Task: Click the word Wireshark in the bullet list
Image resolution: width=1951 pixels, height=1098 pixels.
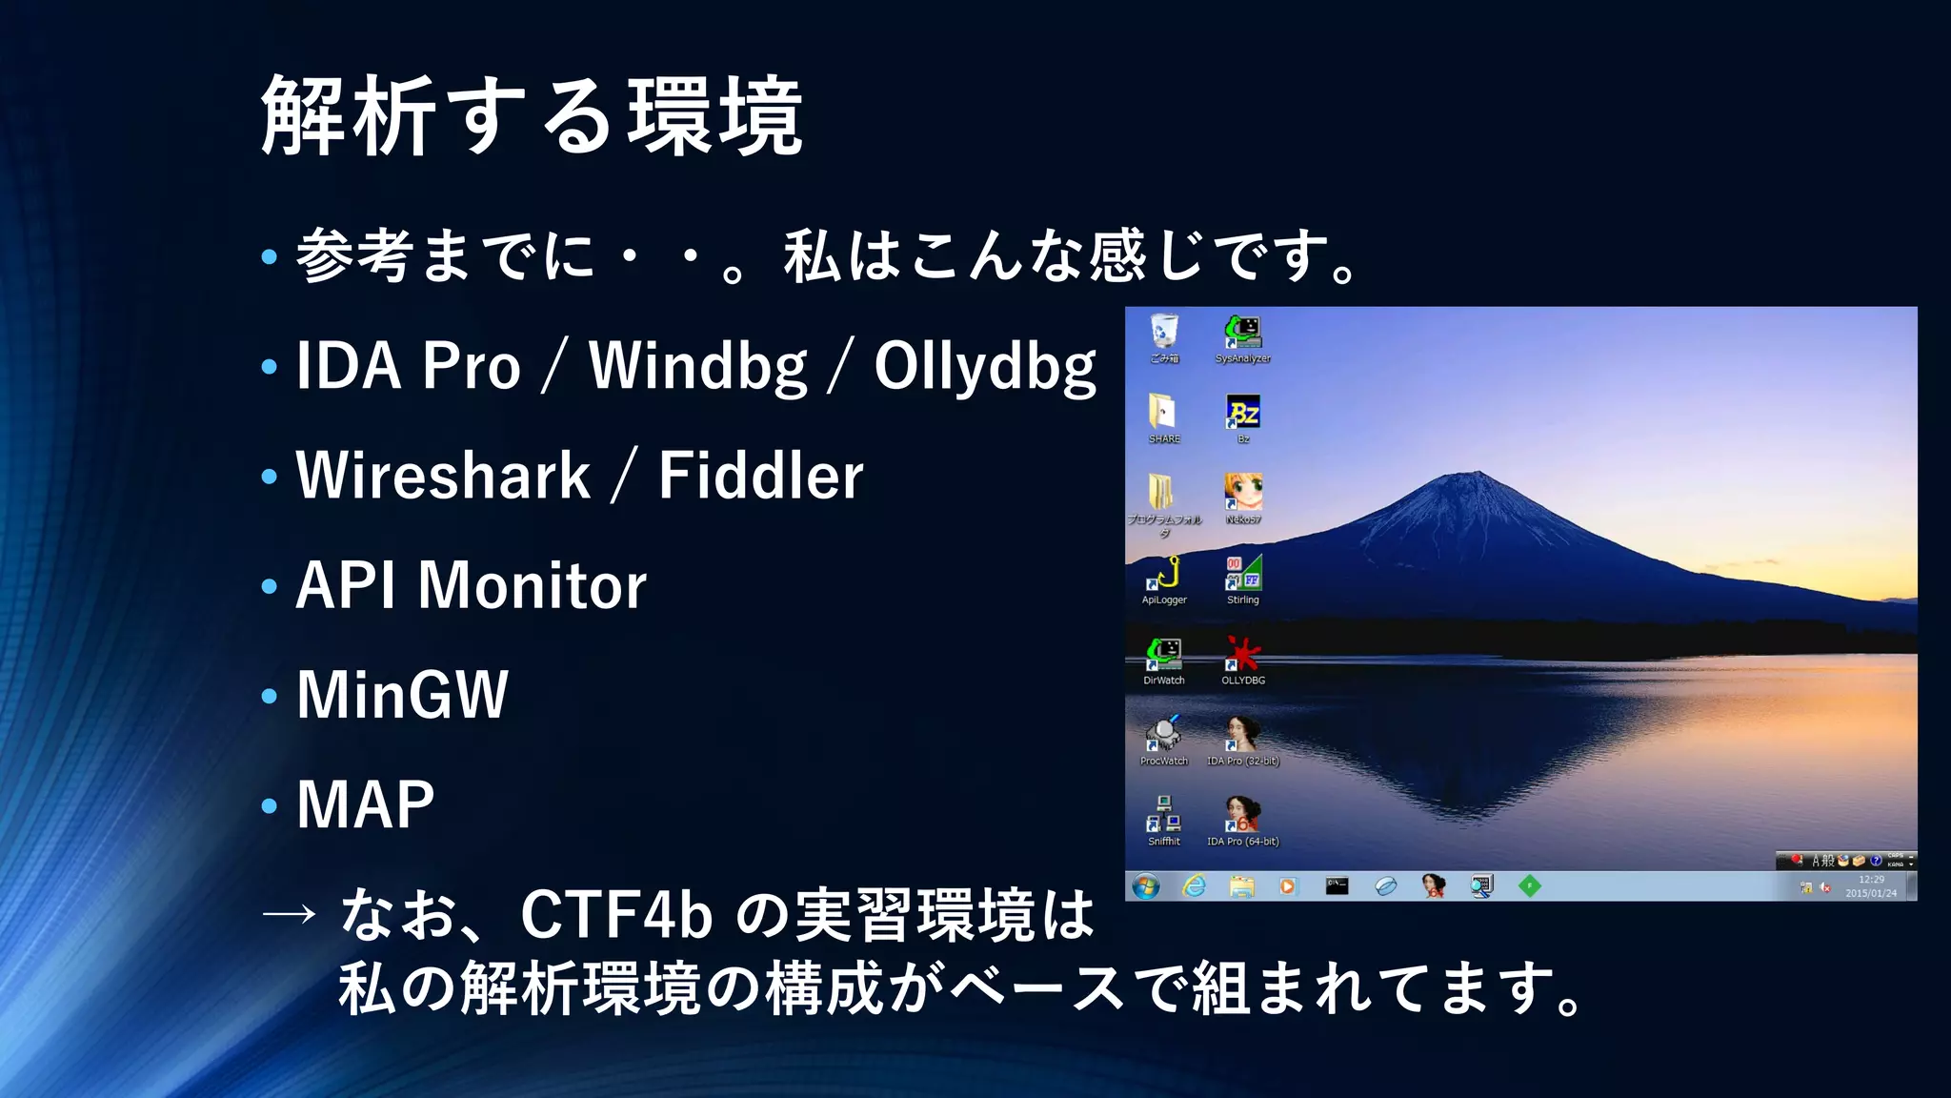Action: pyautogui.click(x=443, y=476)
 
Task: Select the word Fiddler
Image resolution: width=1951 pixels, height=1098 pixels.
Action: pyautogui.click(x=760, y=476)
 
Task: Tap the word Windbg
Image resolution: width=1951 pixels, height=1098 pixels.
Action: pyautogui.click(x=698, y=367)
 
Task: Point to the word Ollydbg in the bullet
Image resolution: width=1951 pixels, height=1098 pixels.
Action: pyautogui.click(x=985, y=367)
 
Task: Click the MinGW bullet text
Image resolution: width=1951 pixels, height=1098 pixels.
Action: pyautogui.click(x=402, y=695)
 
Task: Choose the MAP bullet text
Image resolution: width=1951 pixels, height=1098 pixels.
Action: pyautogui.click(x=365, y=804)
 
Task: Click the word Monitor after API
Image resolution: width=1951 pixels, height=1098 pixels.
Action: pyautogui.click(x=532, y=585)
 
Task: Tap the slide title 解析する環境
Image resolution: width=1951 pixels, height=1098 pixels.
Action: pyautogui.click(x=532, y=116)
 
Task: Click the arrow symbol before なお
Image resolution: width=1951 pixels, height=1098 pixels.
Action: pyautogui.click(x=288, y=914)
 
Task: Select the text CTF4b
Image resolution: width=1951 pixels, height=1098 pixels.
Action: pyautogui.click(x=616, y=914)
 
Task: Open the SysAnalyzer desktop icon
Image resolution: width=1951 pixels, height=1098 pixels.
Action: pyautogui.click(x=1243, y=333)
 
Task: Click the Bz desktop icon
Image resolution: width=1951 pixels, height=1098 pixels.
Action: pyautogui.click(x=1243, y=414)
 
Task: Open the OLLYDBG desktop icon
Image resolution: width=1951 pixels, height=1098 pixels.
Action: pyautogui.click(x=1243, y=655)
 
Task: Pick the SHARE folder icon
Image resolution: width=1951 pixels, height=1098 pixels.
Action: pyautogui.click(x=1163, y=414)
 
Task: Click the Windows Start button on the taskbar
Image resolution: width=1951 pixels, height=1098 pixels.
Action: pyautogui.click(x=1146, y=886)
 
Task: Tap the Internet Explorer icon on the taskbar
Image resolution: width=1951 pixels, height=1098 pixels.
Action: pyautogui.click(x=1194, y=886)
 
